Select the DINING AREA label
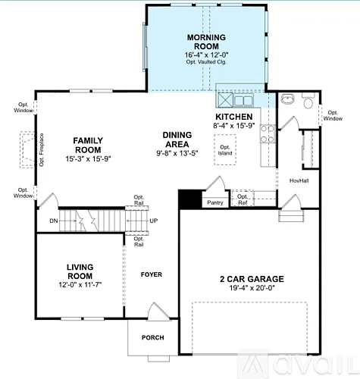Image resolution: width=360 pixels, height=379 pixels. coord(183,139)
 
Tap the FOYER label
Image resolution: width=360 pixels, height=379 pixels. coord(152,274)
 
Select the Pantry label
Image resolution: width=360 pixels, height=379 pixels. coord(214,202)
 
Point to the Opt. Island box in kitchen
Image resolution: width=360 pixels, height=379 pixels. coord(224,151)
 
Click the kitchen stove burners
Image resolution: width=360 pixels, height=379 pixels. coord(267,134)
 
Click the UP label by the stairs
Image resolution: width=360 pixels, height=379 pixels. coord(155,220)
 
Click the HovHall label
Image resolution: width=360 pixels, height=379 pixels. coord(300,180)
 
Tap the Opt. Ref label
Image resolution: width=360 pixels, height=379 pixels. coord(243,199)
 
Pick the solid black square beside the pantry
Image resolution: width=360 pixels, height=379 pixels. coord(187,199)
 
